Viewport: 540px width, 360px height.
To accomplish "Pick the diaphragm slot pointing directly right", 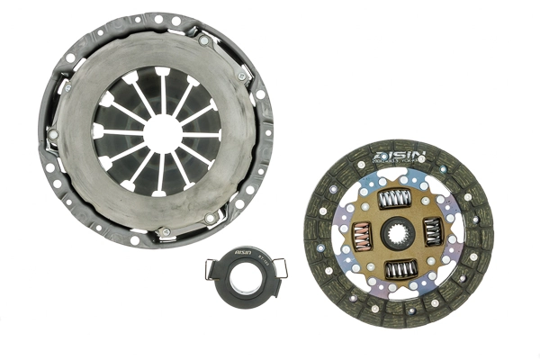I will (209, 132).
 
